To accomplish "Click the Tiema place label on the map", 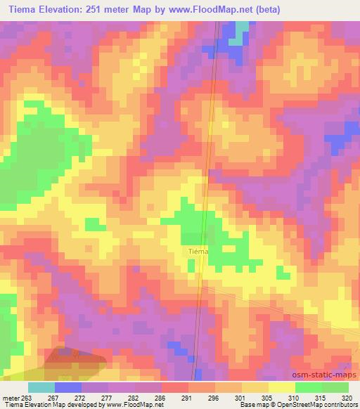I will (x=197, y=251).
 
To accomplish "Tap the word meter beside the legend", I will (x=11, y=397).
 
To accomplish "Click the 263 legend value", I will (x=27, y=397).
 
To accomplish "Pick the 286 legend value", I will (x=161, y=397).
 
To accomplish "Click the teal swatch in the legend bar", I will (x=41, y=387).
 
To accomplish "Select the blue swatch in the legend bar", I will (x=68, y=387).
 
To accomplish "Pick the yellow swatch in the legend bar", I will (x=282, y=387).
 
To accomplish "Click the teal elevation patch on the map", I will (x=243, y=30).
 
